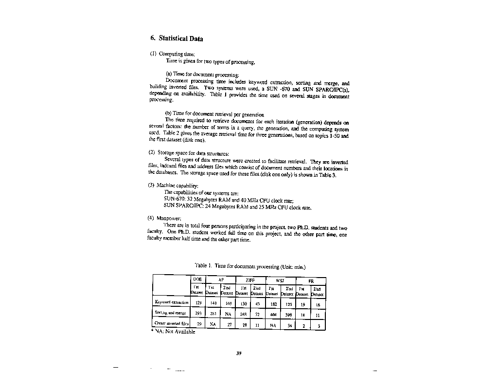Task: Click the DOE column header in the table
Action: pyautogui.click(x=197, y=280)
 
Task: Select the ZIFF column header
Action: pyautogui.click(x=250, y=280)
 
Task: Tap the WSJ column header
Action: pyautogui.click(x=280, y=280)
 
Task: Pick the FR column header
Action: pyautogui.click(x=311, y=280)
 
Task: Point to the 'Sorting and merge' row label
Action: pyautogui.click(x=171, y=313)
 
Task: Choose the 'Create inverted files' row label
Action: pyautogui.click(x=171, y=323)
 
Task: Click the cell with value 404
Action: pyautogui.click(x=273, y=314)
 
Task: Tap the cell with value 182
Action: pyautogui.click(x=273, y=303)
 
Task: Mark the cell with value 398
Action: pyautogui.click(x=288, y=314)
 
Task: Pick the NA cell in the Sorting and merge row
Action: pyautogui.click(x=228, y=314)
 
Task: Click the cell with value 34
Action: pyautogui.click(x=289, y=324)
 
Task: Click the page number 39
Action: pyautogui.click(x=239, y=354)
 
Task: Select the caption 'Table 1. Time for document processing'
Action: pyautogui.click(x=250, y=266)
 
